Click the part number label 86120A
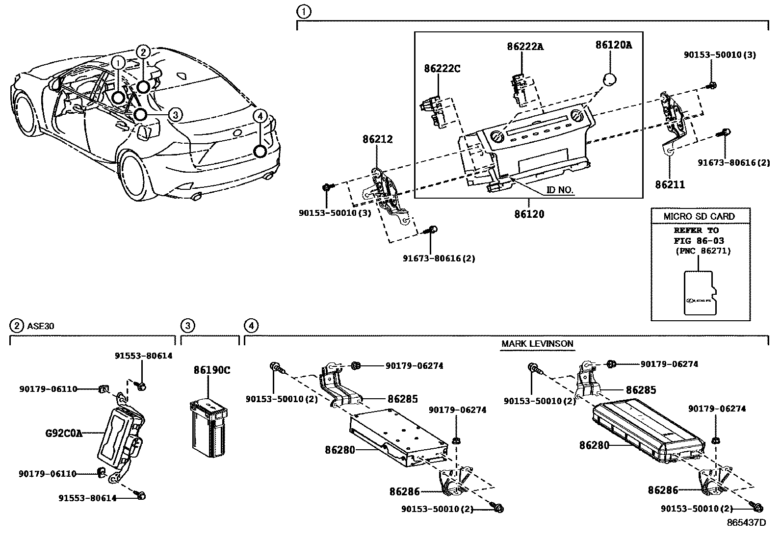click(x=613, y=45)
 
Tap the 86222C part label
click(x=442, y=69)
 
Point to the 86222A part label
click(x=525, y=47)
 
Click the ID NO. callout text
click(x=560, y=190)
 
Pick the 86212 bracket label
click(x=378, y=139)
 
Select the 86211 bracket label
click(x=670, y=184)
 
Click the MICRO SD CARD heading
click(x=699, y=216)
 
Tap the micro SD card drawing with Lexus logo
click(x=700, y=293)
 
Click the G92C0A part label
click(x=64, y=433)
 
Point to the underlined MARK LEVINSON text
click(x=537, y=343)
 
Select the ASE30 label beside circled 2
click(x=38, y=325)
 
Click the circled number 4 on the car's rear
click(x=260, y=116)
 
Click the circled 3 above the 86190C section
click(x=187, y=325)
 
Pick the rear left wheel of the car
click(x=135, y=174)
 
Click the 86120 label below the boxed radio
click(x=529, y=214)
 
